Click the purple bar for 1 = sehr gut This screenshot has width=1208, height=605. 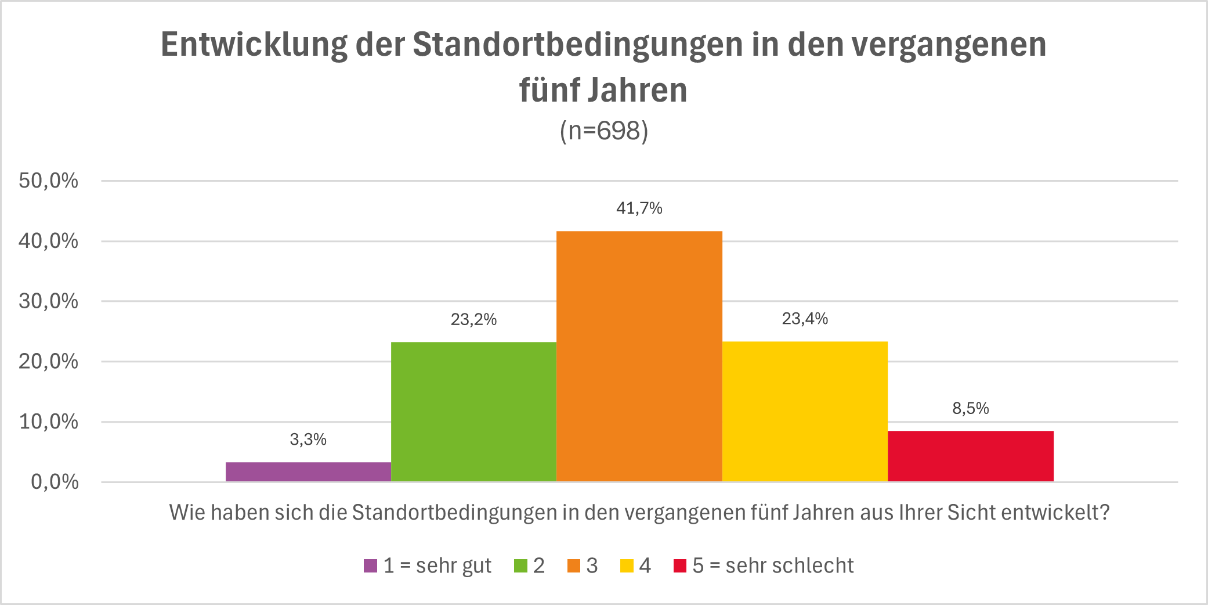pos(308,471)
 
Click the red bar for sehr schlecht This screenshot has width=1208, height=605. pos(970,456)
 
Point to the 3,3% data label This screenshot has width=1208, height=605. pos(308,440)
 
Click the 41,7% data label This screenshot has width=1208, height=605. pos(639,208)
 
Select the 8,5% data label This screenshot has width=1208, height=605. pos(970,408)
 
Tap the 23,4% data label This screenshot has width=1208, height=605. pos(805,318)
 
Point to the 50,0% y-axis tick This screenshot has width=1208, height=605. pos(49,181)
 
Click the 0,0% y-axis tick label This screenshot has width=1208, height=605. pos(55,481)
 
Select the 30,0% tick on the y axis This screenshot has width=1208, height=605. pos(49,301)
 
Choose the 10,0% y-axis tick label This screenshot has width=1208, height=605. pos(49,422)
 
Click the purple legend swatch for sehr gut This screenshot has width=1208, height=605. pos(370,566)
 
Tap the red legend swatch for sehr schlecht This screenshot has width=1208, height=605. pos(679,566)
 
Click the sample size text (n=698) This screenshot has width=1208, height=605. pos(603,131)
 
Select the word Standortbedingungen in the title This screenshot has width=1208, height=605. pos(577,44)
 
